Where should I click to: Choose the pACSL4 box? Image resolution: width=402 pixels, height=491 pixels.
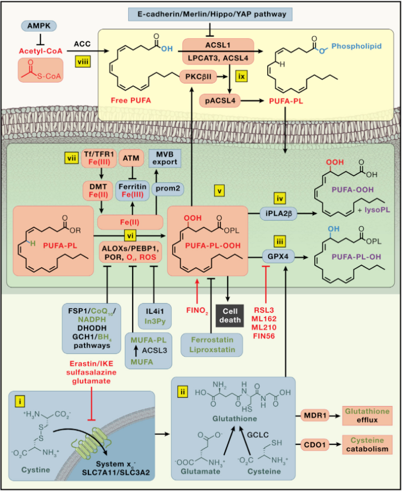point(218,101)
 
